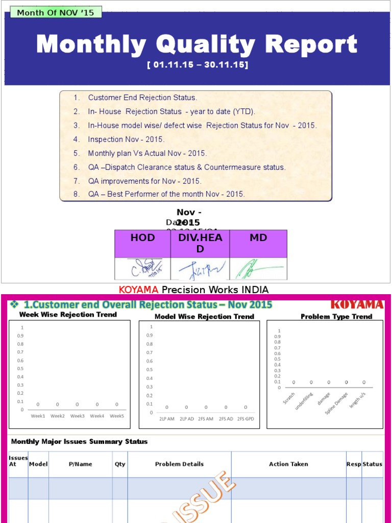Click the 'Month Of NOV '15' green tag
[x=56, y=12]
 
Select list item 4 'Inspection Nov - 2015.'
[x=126, y=139]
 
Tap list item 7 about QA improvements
[x=144, y=181]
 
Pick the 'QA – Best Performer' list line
[x=166, y=194]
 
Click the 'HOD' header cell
[x=142, y=238]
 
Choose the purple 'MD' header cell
[x=258, y=238]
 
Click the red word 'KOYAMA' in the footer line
[x=139, y=290]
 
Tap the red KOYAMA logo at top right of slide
[x=357, y=305]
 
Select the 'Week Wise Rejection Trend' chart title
[x=68, y=315]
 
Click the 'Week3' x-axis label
[x=78, y=416]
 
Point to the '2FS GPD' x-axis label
[x=245, y=419]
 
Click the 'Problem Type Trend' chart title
[x=336, y=317]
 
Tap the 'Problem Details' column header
[x=179, y=464]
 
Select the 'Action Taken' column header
[x=288, y=464]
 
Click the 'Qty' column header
[x=120, y=464]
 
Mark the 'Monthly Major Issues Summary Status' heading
[x=79, y=442]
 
